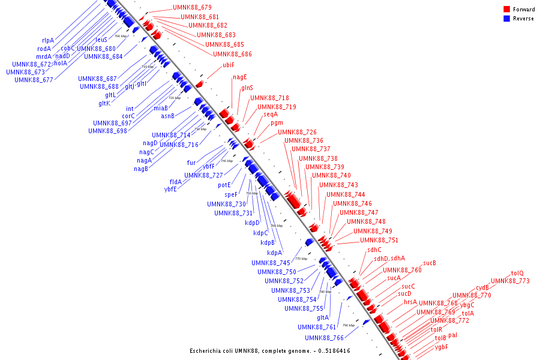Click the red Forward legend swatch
pos(506,9)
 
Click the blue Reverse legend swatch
pos(506,19)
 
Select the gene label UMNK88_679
pos(192,7)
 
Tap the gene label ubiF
pos(228,65)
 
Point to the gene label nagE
pos(239,77)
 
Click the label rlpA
pos(48,40)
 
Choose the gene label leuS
pos(101,40)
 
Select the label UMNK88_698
pos(107,131)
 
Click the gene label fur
pos(191,163)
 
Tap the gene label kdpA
pos(274,253)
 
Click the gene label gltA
pos(323,318)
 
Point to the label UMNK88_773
pos(510,281)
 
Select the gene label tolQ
pos(517,273)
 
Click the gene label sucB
pos(429,263)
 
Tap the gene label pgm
pos(277,122)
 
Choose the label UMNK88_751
pos(379,240)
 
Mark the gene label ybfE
pos(170,189)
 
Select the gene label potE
pos(224,185)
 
